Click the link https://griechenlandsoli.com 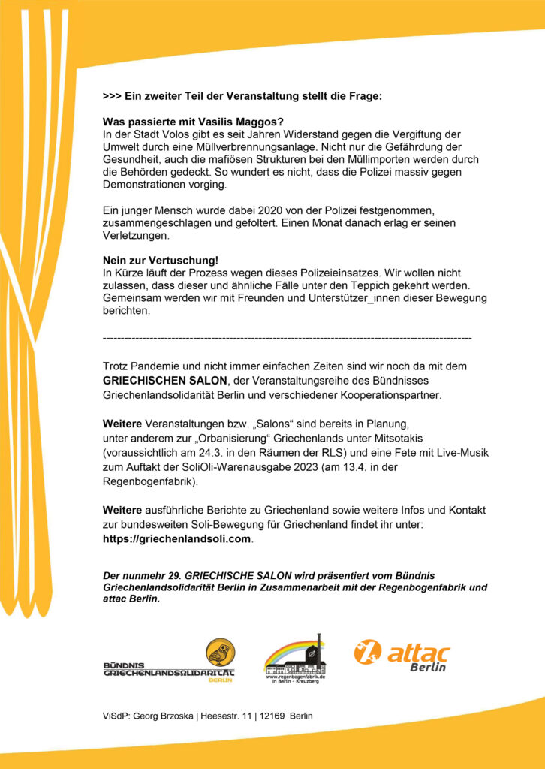pos(177,538)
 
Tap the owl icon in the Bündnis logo pos(220,652)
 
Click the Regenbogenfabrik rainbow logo pos(294,657)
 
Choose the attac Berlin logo pos(402,655)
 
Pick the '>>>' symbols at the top pos(112,97)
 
